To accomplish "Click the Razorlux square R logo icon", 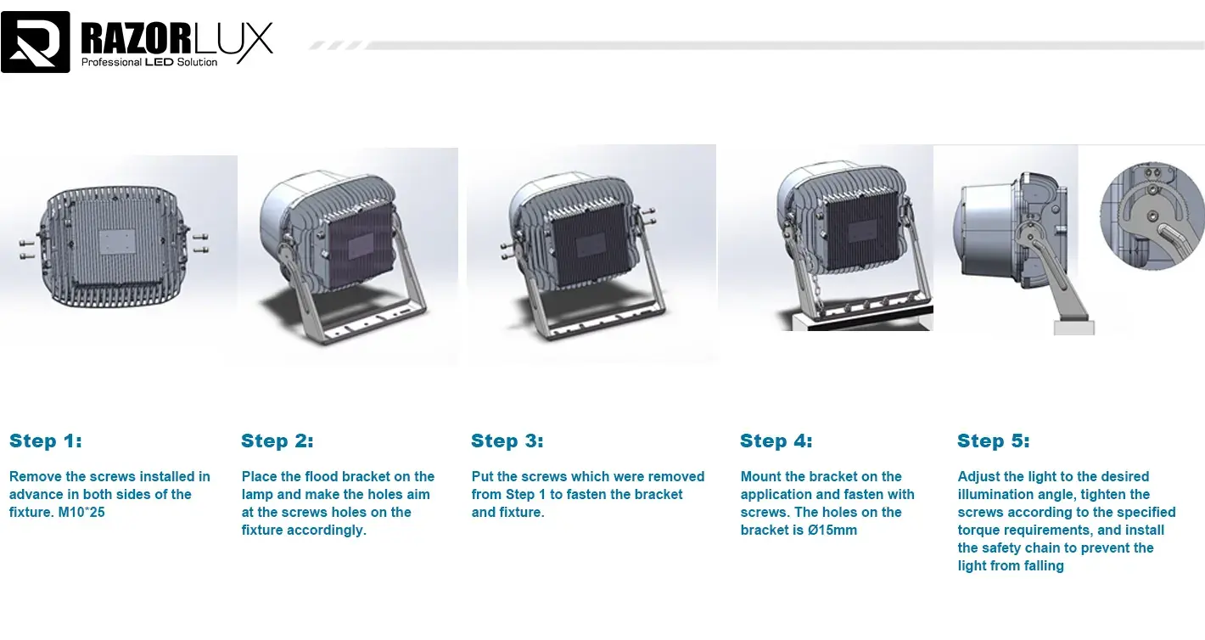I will click(x=36, y=42).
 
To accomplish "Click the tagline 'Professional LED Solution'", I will click(x=149, y=62).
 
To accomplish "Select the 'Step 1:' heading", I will click(x=46, y=441).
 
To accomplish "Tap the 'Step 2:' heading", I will click(x=277, y=441).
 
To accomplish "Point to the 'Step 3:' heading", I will click(x=507, y=441).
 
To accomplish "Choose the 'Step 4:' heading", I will click(x=776, y=441).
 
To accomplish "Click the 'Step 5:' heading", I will click(x=994, y=441).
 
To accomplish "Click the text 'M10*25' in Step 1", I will click(x=81, y=512).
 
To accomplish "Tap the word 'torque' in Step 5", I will click(x=978, y=530).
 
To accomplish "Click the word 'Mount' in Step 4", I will click(x=761, y=476).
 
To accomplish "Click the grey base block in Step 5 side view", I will click(x=1073, y=327).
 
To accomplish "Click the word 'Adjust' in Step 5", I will click(x=979, y=476).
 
